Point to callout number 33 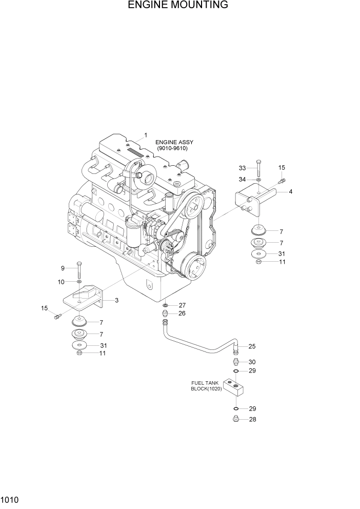(x=243, y=168)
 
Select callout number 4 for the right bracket (x=291, y=192)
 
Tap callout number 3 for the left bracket (x=116, y=300)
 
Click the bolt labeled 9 (x=78, y=269)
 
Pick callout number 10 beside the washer (x=61, y=282)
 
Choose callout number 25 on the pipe (x=252, y=346)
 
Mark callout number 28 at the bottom (x=252, y=419)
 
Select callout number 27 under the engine (x=182, y=305)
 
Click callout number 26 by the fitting (x=182, y=314)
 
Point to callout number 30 (x=252, y=362)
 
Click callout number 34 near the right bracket (x=243, y=179)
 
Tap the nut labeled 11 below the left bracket (x=79, y=353)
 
